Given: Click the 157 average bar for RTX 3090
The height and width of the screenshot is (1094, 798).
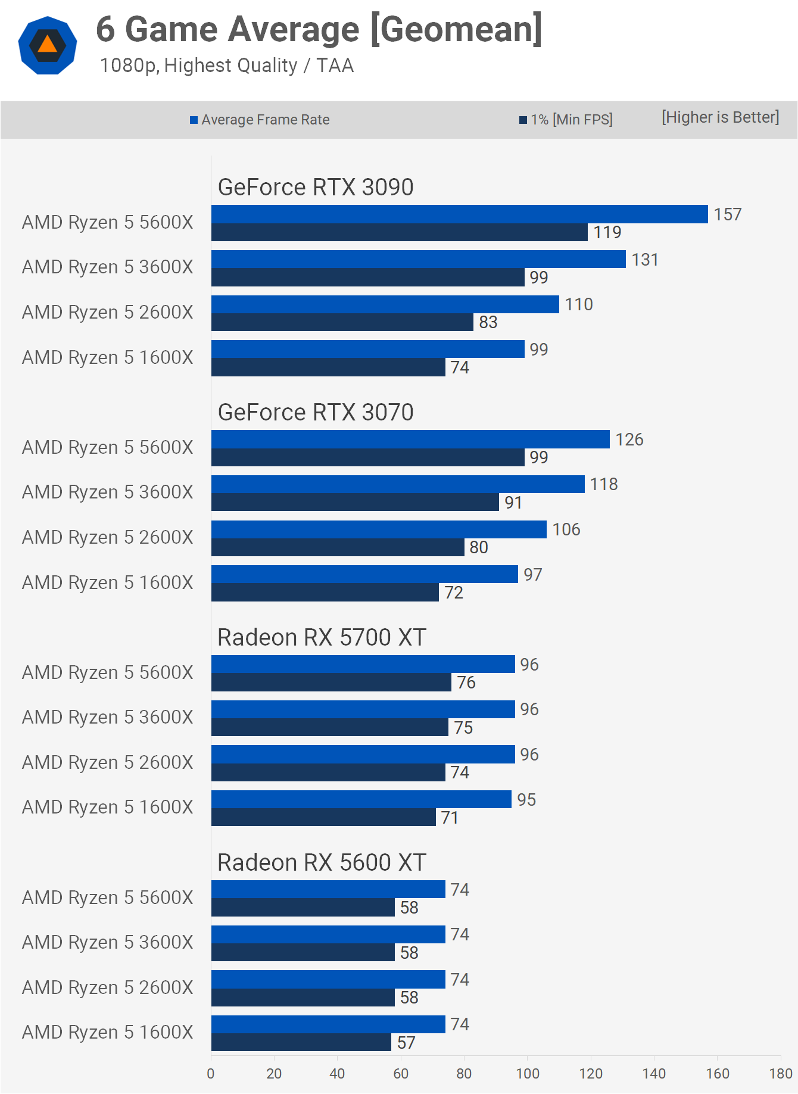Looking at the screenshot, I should pyautogui.click(x=459, y=214).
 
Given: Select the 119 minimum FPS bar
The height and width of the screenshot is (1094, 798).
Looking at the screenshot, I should pyautogui.click(x=399, y=232).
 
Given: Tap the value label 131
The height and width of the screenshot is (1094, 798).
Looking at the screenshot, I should pyautogui.click(x=645, y=260).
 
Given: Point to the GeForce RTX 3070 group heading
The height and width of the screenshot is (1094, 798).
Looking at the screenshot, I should pyautogui.click(x=316, y=412).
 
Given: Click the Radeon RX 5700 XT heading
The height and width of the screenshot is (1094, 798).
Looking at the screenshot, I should pyautogui.click(x=322, y=637).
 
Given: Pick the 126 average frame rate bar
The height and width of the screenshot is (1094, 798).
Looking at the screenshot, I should pyautogui.click(x=410, y=440).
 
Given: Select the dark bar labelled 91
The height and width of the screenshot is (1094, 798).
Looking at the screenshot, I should pyautogui.click(x=355, y=502).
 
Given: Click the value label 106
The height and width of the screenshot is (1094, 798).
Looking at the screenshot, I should pyautogui.click(x=566, y=529).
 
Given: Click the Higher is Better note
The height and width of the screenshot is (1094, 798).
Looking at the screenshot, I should pyautogui.click(x=720, y=117).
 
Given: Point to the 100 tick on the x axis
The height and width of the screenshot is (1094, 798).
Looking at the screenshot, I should pyautogui.click(x=528, y=1074).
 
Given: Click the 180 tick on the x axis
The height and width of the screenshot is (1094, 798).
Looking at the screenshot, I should pyautogui.click(x=781, y=1074).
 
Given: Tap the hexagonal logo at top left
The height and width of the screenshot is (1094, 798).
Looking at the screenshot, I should pyautogui.click(x=48, y=45).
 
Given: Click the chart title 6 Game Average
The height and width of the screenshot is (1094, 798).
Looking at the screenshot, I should pyautogui.click(x=319, y=29).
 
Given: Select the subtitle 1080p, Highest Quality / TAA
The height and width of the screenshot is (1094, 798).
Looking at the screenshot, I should pyautogui.click(x=227, y=66).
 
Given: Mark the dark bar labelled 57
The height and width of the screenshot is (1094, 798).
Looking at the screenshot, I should pyautogui.click(x=301, y=1042).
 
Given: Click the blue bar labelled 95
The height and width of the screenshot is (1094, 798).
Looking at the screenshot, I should pyautogui.click(x=361, y=799).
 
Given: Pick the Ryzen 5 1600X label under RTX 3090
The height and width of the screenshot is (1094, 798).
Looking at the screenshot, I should pyautogui.click(x=108, y=357).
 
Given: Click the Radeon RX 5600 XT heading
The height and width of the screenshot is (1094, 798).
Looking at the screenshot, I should pyautogui.click(x=322, y=862).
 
